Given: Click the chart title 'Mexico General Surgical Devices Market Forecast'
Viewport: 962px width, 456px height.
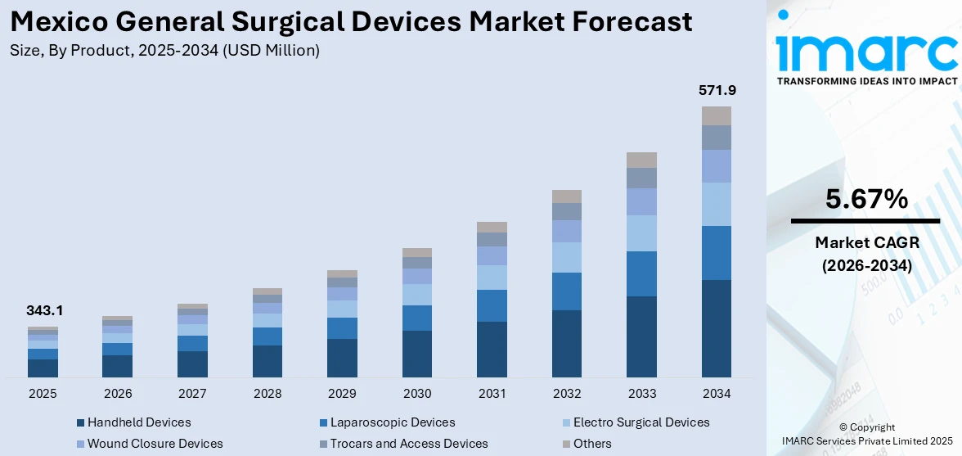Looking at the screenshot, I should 351,21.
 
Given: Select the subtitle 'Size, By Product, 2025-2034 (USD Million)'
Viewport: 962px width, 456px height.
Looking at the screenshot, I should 164,51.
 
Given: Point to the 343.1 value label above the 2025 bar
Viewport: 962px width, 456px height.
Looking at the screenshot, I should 44,311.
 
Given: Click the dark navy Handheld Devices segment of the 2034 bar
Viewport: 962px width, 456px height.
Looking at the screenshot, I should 716,327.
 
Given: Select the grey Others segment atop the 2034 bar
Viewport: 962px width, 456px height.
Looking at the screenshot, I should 716,115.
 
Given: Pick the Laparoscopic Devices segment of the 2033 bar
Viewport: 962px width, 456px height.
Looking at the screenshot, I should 641,273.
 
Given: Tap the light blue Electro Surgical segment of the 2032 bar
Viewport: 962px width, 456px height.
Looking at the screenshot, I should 566,257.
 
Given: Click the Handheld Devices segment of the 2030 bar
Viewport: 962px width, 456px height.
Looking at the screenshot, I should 416,353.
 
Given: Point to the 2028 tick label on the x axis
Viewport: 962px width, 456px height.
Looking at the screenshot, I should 267,394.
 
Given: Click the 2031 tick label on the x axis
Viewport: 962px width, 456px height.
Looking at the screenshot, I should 492,394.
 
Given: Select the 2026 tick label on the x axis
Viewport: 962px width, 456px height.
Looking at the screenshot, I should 118,394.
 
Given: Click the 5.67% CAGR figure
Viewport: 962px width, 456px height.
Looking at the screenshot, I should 866,199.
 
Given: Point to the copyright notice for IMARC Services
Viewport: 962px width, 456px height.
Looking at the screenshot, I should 866,435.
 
